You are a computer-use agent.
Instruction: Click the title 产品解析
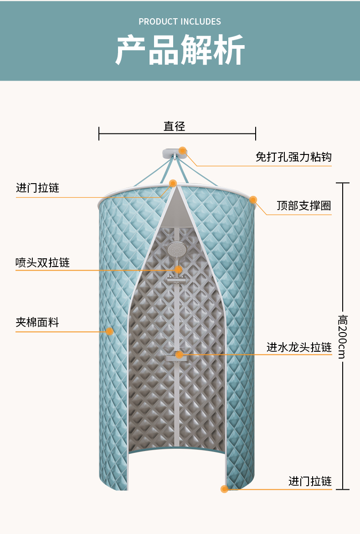pyautogui.click(x=180, y=50)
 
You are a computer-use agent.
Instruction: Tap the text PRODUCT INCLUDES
pyautogui.click(x=180, y=21)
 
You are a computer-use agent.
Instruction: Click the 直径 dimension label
pyautogui.click(x=175, y=126)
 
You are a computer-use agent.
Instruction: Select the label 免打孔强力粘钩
pyautogui.click(x=293, y=157)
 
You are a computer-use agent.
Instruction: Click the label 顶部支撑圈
pyautogui.click(x=304, y=205)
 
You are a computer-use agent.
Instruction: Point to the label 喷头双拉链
pyautogui.click(x=42, y=262)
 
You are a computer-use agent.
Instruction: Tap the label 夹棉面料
pyautogui.click(x=37, y=323)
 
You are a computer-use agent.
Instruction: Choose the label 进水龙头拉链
pyautogui.click(x=299, y=347)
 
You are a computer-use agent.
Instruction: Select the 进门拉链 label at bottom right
pyautogui.click(x=310, y=481)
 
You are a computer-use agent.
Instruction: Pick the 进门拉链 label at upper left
pyautogui.click(x=38, y=188)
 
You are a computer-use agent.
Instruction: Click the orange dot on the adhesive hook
pyautogui.click(x=183, y=150)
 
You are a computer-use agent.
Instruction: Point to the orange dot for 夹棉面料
pyautogui.click(x=110, y=331)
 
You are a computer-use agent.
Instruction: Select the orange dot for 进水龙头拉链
pyautogui.click(x=180, y=354)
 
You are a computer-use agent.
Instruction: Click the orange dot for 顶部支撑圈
pyautogui.click(x=253, y=200)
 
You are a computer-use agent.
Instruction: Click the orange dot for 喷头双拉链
pyautogui.click(x=179, y=270)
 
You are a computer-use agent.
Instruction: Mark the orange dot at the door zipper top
pyautogui.click(x=173, y=183)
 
